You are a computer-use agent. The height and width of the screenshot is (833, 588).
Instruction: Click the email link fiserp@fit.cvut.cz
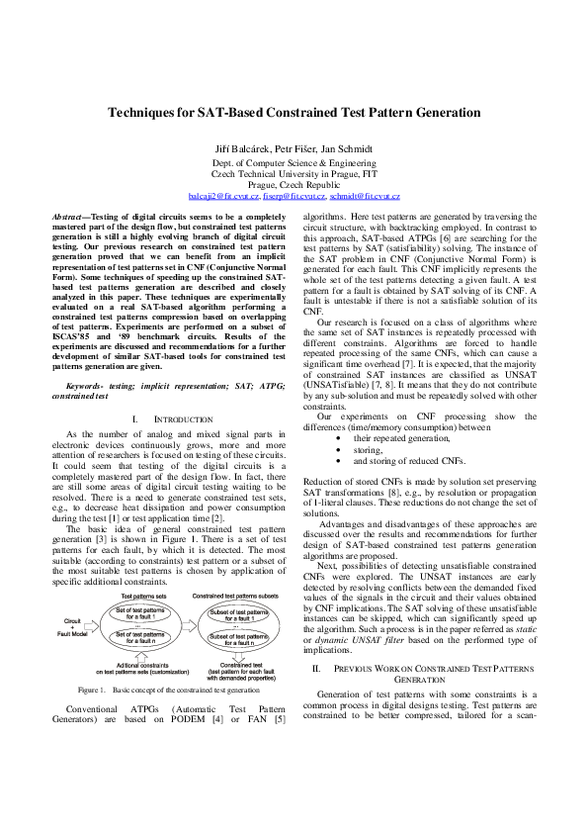294,197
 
